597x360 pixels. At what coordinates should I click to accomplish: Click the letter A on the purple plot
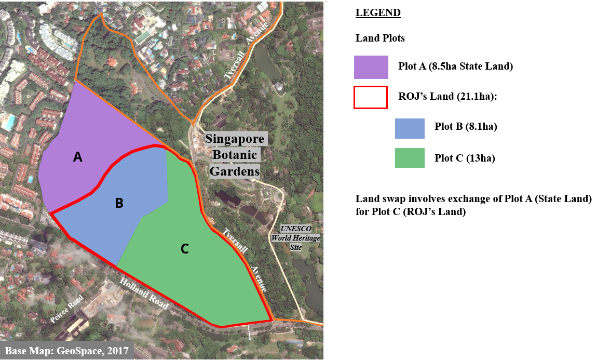click(x=77, y=157)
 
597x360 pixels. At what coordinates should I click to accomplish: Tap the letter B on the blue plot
click(x=119, y=203)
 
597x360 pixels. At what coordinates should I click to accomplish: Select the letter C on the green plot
click(x=184, y=249)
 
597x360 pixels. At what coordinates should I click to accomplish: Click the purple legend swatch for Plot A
click(x=371, y=67)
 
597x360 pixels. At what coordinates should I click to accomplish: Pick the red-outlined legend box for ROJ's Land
click(x=371, y=97)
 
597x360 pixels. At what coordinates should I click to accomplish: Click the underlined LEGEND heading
click(x=378, y=12)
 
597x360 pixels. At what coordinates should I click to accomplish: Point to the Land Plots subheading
click(x=380, y=38)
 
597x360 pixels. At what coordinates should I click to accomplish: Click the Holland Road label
click(x=144, y=294)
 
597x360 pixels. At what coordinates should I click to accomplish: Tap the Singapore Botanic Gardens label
click(x=236, y=155)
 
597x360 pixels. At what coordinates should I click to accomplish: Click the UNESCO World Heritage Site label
click(x=296, y=238)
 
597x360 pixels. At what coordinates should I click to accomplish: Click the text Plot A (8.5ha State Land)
click(x=455, y=66)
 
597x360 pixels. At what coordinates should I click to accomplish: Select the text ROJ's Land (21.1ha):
click(x=448, y=97)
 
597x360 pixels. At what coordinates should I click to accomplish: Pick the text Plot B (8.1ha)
click(x=466, y=128)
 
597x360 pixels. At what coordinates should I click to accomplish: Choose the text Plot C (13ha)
click(x=465, y=158)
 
